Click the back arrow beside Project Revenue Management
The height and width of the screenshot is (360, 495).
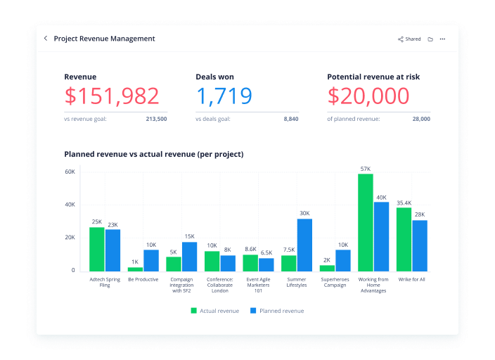point(46,39)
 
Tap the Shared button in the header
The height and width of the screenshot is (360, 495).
point(409,39)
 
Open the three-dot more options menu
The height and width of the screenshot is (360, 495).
point(442,39)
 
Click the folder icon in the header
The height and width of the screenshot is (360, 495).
point(430,39)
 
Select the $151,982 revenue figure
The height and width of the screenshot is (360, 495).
point(112,96)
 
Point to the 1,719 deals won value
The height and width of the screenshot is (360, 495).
point(224,96)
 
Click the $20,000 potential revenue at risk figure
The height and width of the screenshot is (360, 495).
point(368,96)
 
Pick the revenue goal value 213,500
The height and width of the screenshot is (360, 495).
point(156,120)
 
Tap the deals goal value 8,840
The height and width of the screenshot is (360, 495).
point(290,120)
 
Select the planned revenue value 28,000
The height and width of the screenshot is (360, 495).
point(421,120)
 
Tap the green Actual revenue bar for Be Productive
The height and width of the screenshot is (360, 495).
point(135,269)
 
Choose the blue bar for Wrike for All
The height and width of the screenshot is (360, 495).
point(420,245)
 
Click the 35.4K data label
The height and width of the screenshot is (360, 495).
point(404,203)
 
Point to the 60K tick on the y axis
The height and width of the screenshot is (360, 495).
point(70,172)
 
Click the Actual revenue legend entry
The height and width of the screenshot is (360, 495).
point(214,310)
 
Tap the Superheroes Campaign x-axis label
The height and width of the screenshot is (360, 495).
point(333,282)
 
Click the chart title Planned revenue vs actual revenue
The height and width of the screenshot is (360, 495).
point(153,154)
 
